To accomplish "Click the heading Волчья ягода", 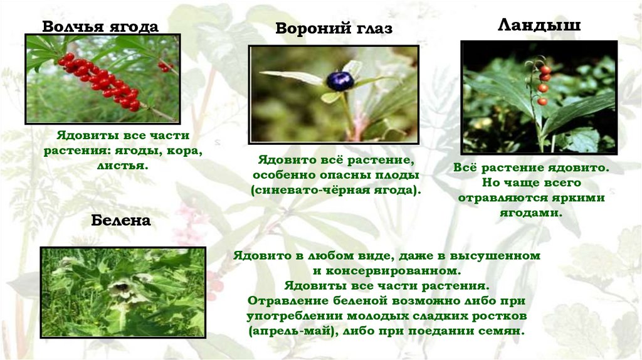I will point(100,27).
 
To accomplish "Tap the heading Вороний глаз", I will point(334,29).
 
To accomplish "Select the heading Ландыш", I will point(539,26).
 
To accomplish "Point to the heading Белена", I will point(121,221).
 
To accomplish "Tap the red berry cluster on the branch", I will point(100,80).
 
